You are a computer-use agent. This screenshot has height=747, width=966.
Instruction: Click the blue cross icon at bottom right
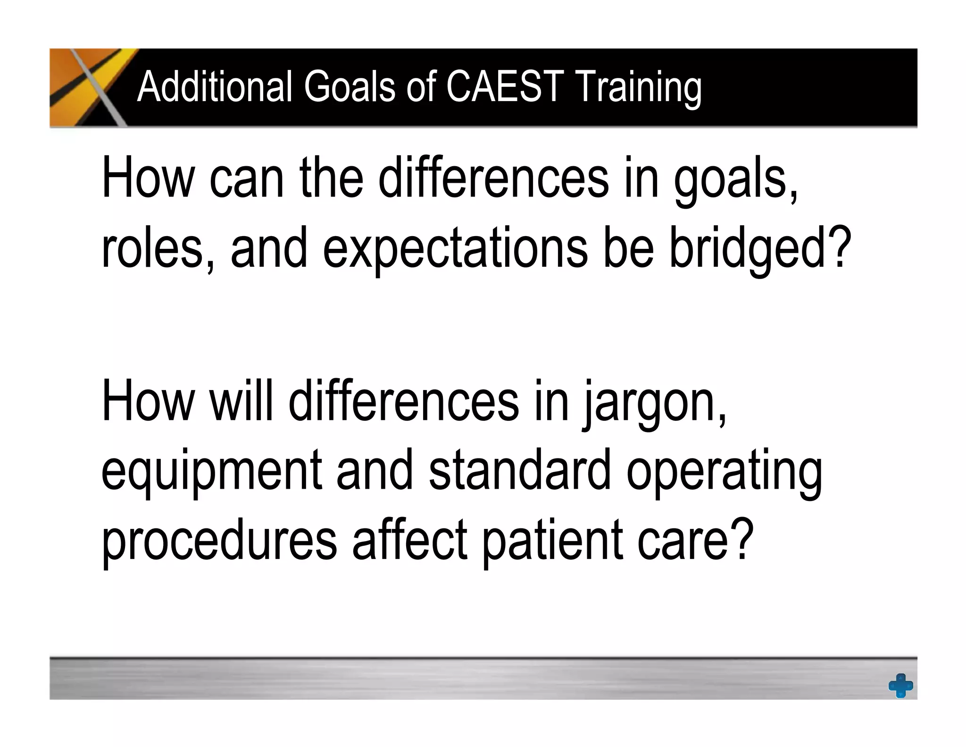[900, 685]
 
